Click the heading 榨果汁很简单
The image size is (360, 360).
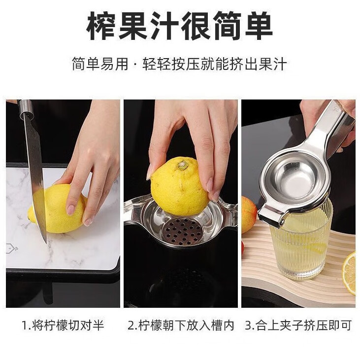click(x=180, y=27)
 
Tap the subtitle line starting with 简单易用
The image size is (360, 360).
click(x=180, y=65)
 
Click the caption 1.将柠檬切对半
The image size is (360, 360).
click(x=63, y=326)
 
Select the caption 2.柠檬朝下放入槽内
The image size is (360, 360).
click(x=181, y=326)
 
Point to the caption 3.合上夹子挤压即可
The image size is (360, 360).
click(x=298, y=326)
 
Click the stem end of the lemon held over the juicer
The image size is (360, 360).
click(x=183, y=165)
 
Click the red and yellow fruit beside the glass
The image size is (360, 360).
click(x=248, y=214)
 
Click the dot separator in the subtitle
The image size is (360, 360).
click(x=135, y=65)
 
